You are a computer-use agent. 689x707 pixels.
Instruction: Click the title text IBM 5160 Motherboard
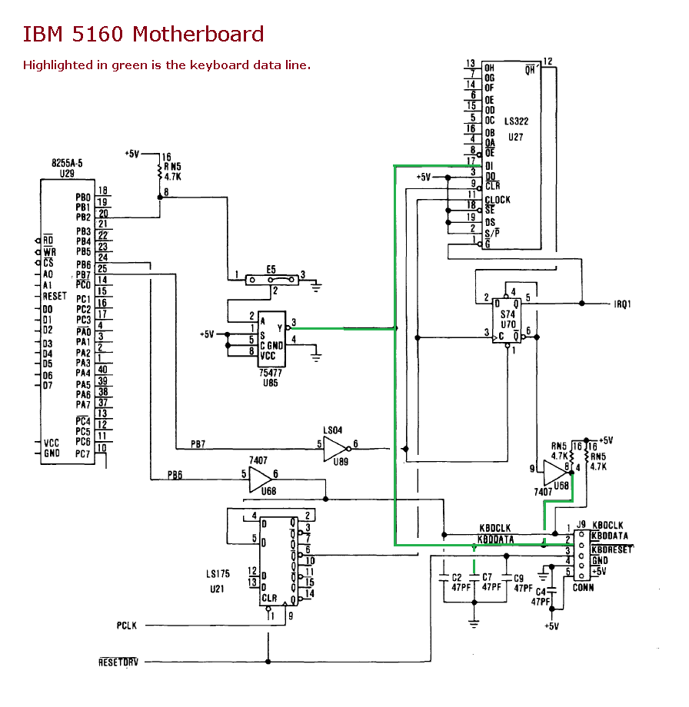tap(143, 34)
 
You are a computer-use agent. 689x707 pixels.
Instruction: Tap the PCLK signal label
tap(127, 626)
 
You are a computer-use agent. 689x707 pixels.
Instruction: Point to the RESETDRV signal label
tap(120, 662)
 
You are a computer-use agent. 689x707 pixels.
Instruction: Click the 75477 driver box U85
tap(271, 339)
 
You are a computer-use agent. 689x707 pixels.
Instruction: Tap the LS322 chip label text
tap(516, 122)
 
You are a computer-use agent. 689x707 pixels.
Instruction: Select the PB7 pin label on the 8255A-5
tap(83, 274)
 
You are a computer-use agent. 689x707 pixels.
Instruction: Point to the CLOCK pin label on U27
tap(498, 200)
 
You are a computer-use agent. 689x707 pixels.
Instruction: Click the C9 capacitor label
tap(518, 577)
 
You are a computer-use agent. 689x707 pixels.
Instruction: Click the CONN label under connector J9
tap(583, 587)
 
